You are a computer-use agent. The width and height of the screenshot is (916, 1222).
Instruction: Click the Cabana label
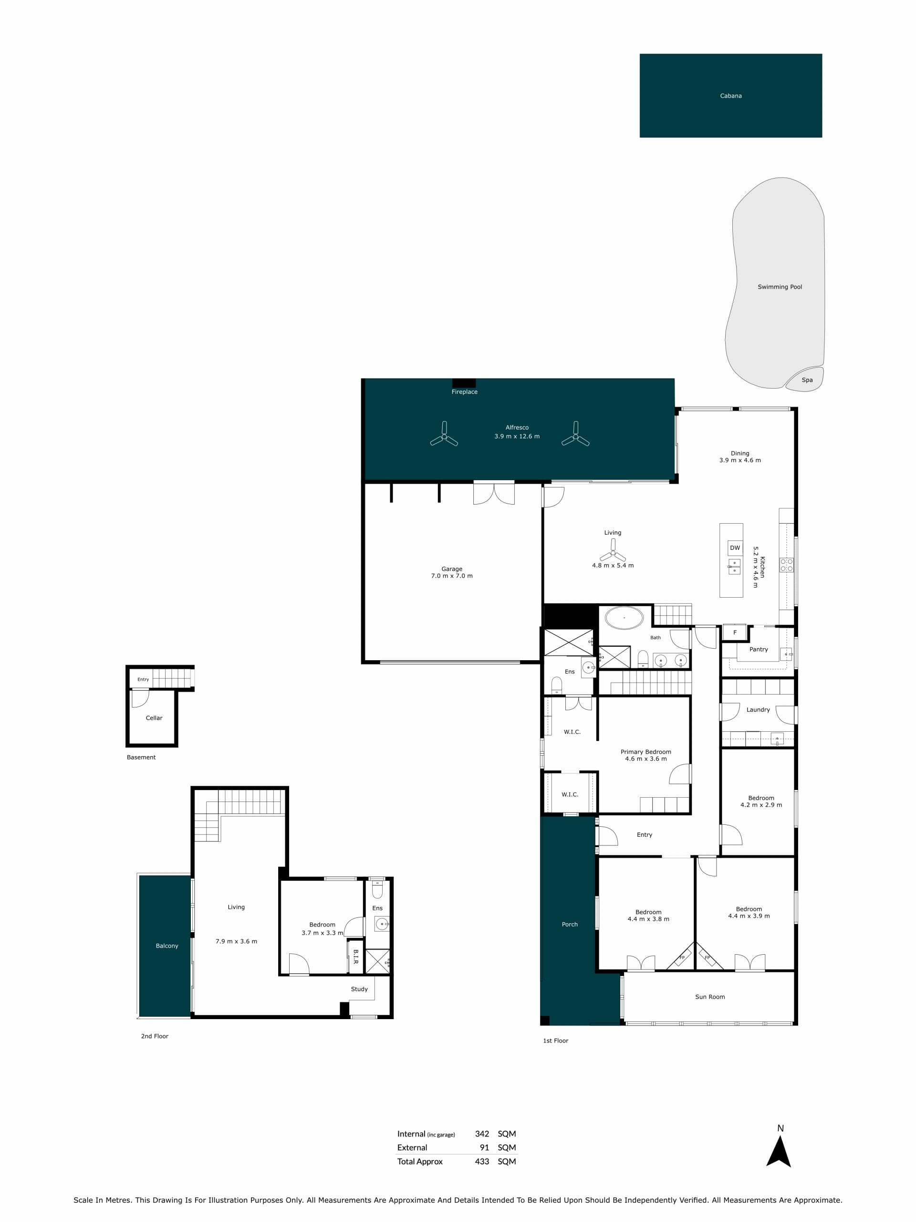click(x=730, y=95)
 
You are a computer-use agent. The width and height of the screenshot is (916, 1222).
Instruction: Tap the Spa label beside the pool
click(x=807, y=380)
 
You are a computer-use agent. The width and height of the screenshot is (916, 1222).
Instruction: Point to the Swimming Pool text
click(x=780, y=287)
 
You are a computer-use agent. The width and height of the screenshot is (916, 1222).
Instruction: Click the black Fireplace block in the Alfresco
click(x=464, y=383)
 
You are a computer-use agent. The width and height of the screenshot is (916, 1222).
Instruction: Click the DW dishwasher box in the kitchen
click(x=735, y=548)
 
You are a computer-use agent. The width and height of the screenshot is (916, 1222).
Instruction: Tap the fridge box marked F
click(x=734, y=632)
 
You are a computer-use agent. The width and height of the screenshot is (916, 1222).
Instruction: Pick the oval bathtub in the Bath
click(x=625, y=617)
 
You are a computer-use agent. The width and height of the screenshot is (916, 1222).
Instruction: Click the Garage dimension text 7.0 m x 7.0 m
click(x=452, y=576)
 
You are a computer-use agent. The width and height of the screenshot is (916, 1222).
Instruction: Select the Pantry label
click(x=759, y=649)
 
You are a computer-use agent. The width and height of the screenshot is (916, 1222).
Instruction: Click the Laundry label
click(x=758, y=709)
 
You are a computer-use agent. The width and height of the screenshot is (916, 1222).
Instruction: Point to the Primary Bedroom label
click(x=646, y=751)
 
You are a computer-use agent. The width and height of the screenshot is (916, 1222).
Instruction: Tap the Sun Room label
click(x=710, y=997)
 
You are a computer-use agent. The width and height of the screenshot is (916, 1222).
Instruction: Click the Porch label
click(x=570, y=924)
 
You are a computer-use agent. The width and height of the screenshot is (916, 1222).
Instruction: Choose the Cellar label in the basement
click(x=154, y=717)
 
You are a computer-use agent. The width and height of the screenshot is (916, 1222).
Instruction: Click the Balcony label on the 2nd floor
click(x=167, y=946)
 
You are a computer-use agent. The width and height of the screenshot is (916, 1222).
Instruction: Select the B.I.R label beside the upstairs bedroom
click(x=355, y=956)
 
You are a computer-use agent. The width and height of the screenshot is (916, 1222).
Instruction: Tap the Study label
click(x=359, y=989)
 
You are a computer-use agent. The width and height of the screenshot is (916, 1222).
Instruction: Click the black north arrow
click(x=779, y=1153)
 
